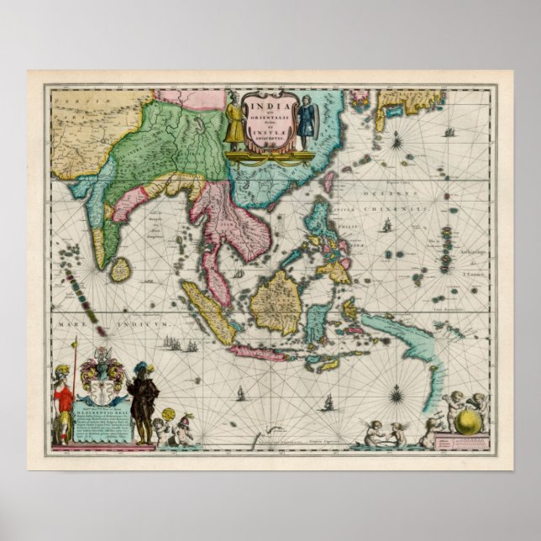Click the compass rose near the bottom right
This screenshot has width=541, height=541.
coord(395,390)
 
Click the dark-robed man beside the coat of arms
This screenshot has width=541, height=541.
coord(143,400)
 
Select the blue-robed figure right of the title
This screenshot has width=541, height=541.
coord(307,118)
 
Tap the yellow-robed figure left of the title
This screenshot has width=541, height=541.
coord(233,123)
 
